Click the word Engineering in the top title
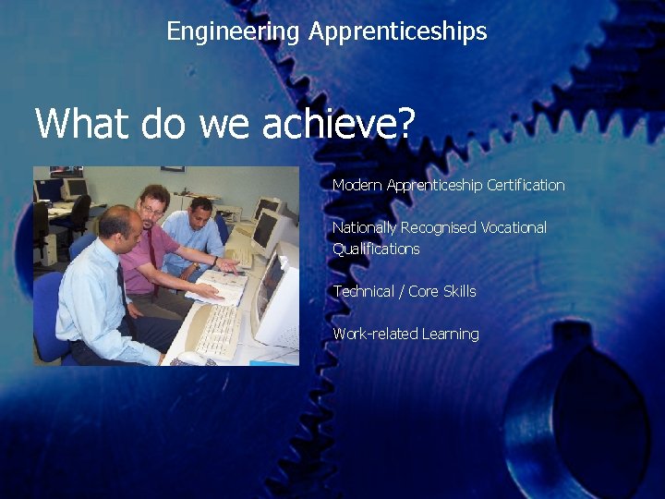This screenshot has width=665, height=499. [233, 31]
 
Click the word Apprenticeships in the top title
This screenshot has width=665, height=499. [397, 31]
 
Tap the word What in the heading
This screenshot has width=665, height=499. [77, 123]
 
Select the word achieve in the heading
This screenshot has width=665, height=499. [332, 123]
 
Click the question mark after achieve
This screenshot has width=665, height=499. [406, 123]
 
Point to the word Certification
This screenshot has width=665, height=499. [526, 185]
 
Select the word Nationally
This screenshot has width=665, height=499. [364, 227]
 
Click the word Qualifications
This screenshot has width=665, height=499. [376, 249]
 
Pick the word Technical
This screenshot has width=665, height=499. [363, 291]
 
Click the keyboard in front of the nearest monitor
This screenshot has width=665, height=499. [218, 330]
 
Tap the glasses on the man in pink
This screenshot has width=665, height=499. [151, 209]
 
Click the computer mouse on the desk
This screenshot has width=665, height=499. [191, 357]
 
